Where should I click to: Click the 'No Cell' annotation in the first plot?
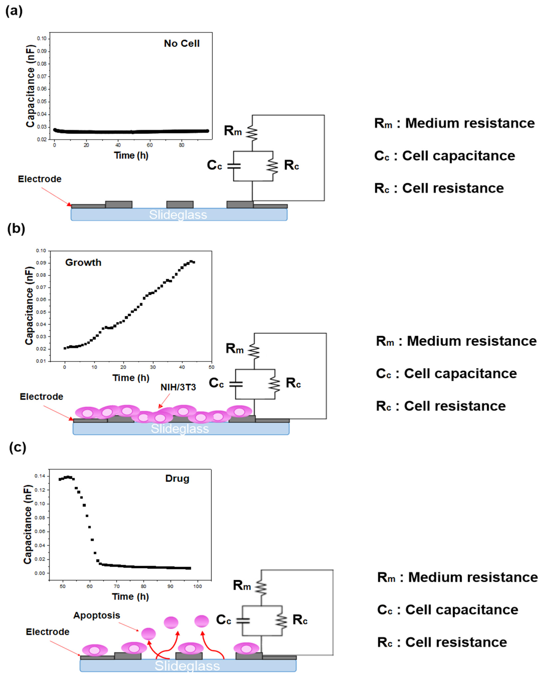pos(182,44)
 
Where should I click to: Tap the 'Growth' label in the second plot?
pos(83,262)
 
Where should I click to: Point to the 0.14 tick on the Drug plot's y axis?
pos(40,476)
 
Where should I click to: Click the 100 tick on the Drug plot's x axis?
pos(197,586)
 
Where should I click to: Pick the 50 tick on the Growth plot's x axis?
pos(211,367)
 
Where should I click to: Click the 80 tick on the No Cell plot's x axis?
pos(182,145)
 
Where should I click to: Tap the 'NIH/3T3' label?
pos(178,387)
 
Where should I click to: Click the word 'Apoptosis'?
pos(97,615)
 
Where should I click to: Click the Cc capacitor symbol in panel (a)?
pos(234,166)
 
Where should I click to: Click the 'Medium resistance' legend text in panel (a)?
pos(469,123)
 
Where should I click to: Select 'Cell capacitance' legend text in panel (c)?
pos(462,610)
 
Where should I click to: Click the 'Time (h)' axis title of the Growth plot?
pos(131,378)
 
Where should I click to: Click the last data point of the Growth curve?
pos(194,262)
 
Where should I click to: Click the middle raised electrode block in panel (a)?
pos(180,204)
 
